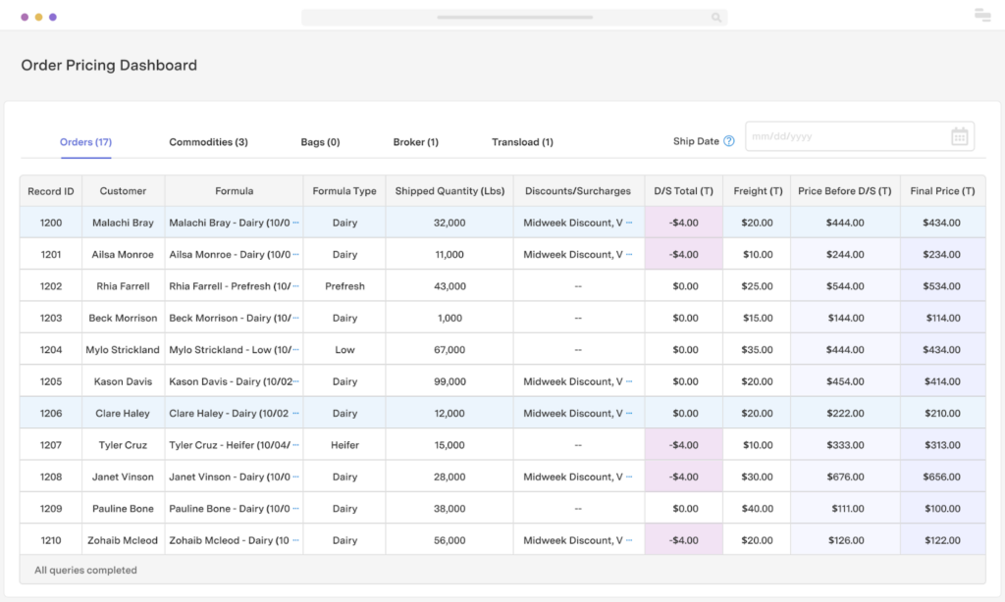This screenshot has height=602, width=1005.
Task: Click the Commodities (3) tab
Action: [208, 142]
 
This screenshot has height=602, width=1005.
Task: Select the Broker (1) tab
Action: [415, 142]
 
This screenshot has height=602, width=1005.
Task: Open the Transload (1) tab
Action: [522, 142]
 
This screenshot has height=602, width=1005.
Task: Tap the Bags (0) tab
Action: [320, 142]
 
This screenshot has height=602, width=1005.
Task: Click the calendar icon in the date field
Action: [959, 137]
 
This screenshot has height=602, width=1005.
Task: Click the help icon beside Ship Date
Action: [729, 141]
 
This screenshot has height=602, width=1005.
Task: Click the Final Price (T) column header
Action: [942, 191]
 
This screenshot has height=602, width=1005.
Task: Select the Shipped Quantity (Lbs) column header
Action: [450, 191]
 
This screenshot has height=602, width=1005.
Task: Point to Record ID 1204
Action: [51, 350]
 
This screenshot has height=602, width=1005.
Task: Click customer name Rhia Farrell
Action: [123, 286]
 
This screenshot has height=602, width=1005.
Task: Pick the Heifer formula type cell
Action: [344, 445]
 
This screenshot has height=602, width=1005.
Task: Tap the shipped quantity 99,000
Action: [449, 381]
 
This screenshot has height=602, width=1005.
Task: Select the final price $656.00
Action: [942, 477]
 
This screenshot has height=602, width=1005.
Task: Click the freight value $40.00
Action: [758, 509]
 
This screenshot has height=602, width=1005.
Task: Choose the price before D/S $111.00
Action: [845, 509]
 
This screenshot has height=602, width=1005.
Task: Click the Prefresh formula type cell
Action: [344, 286]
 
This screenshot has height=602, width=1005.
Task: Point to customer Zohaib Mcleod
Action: [123, 540]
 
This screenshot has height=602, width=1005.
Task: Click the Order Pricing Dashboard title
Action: [109, 66]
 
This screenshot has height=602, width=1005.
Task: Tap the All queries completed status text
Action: [85, 570]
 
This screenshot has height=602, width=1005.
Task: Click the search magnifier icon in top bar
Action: [716, 18]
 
